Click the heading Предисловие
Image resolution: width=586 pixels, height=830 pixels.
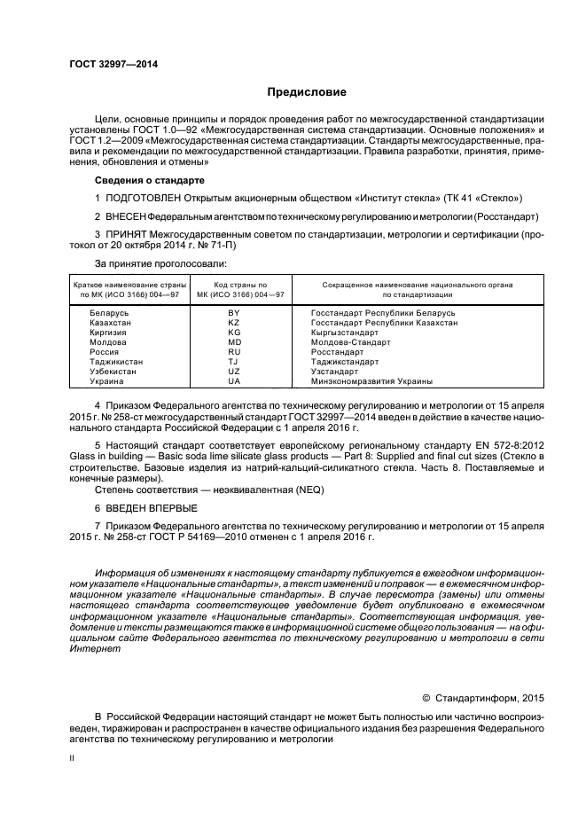(308, 92)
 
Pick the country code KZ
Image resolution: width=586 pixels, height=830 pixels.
(234, 323)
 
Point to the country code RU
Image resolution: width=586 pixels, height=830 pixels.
(234, 352)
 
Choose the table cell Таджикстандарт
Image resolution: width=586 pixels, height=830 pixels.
(345, 362)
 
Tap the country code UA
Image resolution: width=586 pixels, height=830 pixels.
(234, 381)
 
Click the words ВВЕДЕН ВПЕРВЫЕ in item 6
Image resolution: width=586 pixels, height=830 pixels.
(151, 508)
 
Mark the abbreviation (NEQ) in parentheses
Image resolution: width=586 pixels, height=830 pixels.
(292, 489)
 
